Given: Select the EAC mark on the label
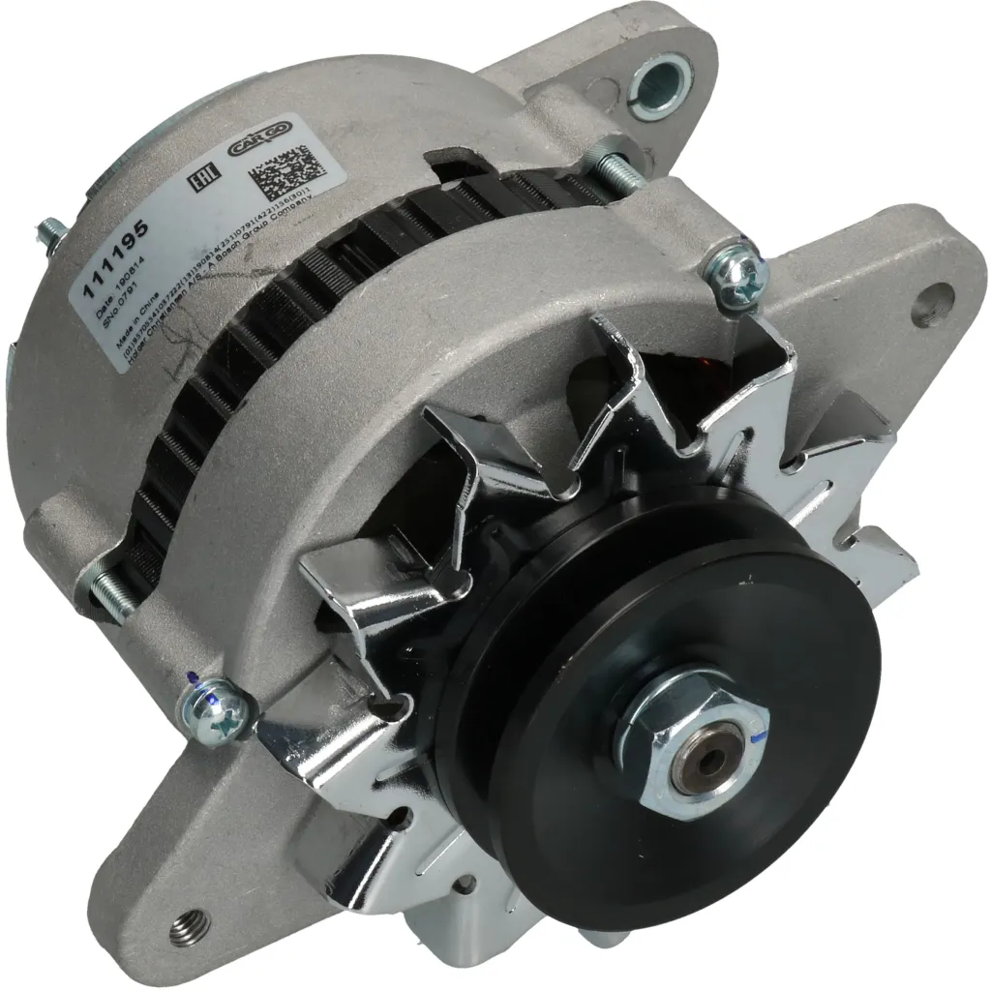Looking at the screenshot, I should point(203,182).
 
